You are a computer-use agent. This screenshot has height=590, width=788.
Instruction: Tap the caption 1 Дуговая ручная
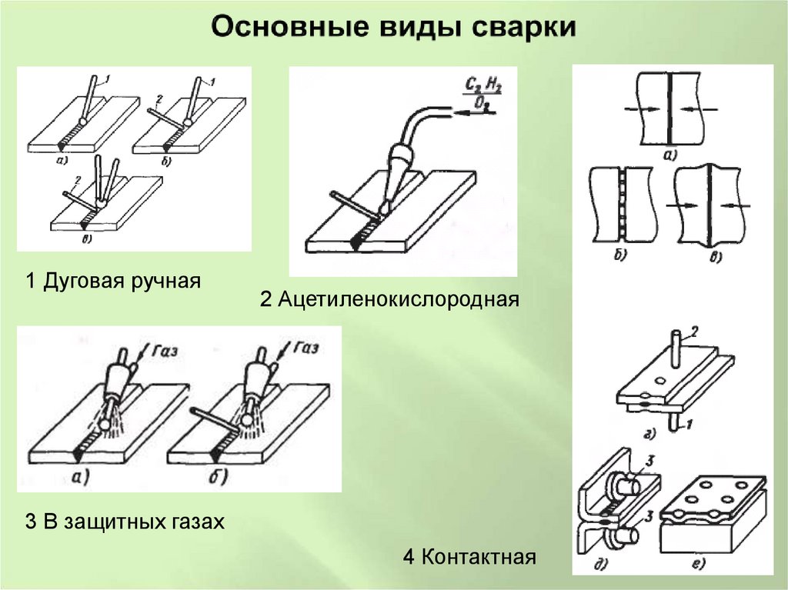click(x=114, y=281)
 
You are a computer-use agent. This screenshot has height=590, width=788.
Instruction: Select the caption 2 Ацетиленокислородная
click(x=390, y=298)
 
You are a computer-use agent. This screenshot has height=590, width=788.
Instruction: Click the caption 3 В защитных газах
click(x=125, y=522)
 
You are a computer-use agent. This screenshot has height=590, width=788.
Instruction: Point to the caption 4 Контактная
click(x=469, y=556)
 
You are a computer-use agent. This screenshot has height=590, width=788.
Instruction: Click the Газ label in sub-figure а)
click(x=164, y=352)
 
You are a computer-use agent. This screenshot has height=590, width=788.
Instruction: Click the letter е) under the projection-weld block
click(x=699, y=565)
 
